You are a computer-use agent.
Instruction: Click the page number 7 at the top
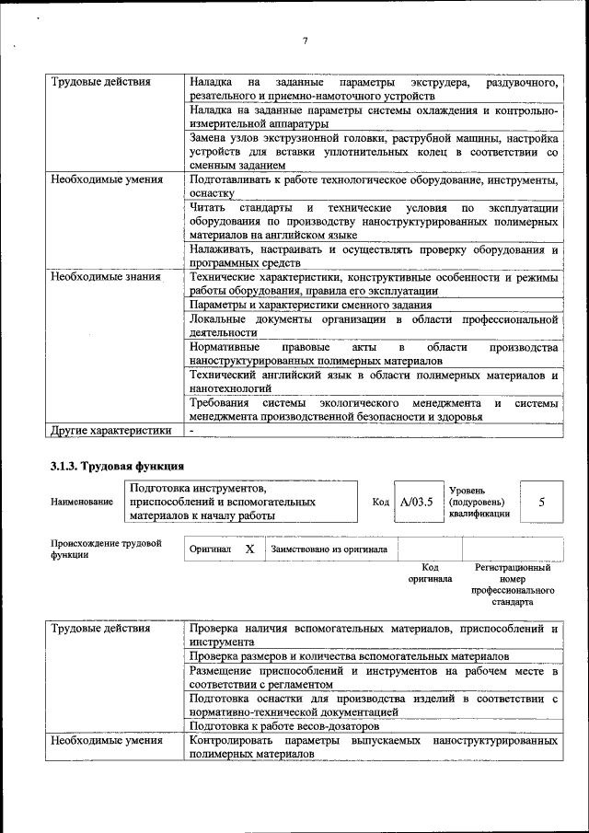pyautogui.click(x=305, y=40)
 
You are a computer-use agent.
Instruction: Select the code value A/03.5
pyautogui.click(x=417, y=502)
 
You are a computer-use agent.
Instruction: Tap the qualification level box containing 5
pyautogui.click(x=541, y=502)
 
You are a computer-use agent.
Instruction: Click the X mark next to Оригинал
pyautogui.click(x=249, y=549)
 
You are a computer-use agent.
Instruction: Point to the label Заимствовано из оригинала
pyautogui.click(x=329, y=550)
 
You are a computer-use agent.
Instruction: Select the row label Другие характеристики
pyautogui.click(x=111, y=430)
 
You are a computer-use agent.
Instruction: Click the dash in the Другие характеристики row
pyautogui.click(x=191, y=430)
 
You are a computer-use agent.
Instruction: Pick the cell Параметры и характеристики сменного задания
pyautogui.click(x=310, y=305)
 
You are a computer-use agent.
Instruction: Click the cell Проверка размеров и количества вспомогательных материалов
pyautogui.click(x=349, y=657)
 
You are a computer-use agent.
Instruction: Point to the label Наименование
pyautogui.click(x=82, y=502)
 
